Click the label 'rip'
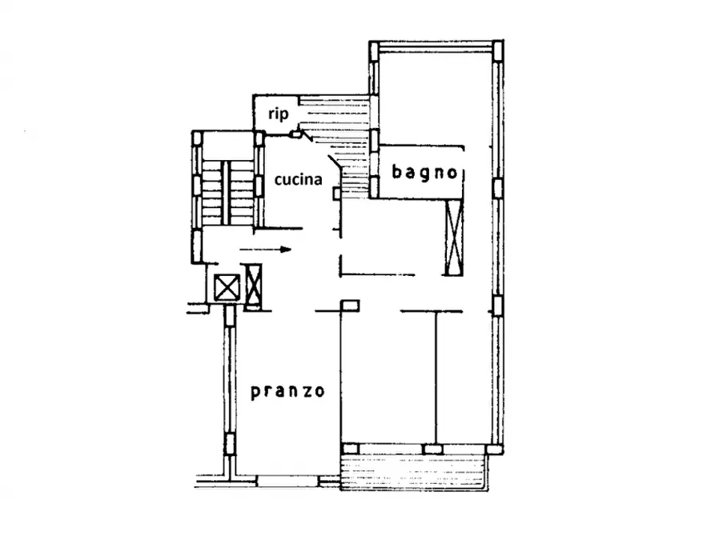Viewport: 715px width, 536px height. pos(278,114)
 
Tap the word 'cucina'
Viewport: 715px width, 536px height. pos(298,179)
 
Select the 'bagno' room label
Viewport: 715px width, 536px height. pos(424,173)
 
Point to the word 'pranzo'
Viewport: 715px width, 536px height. pos(287,391)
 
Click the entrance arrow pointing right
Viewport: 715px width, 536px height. pos(265,250)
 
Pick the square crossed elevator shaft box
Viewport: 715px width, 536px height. pos(227,287)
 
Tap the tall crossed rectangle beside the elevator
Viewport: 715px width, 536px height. pos(254,286)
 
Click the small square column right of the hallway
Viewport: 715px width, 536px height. pos(350,306)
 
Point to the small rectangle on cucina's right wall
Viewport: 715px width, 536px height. pos(337,194)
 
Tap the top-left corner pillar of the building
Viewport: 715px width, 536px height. pos(374,50)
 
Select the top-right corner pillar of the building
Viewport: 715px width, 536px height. pos(498,50)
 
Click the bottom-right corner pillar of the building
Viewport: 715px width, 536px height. pos(494,449)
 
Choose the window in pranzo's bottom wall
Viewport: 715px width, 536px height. pos(287,481)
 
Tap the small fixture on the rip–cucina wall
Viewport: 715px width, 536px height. pos(296,134)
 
